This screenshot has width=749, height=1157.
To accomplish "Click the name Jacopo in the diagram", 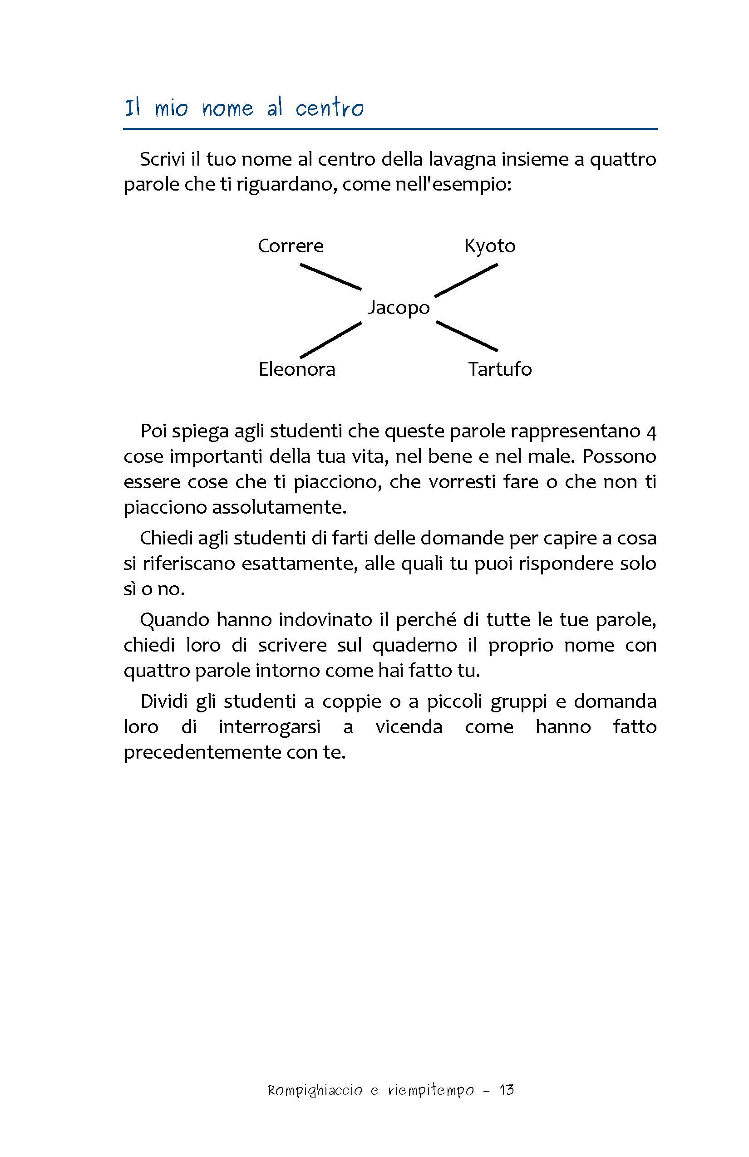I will (399, 308).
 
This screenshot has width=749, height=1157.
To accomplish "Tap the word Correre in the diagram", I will (291, 246).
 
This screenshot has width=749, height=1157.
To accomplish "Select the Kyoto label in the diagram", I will (490, 246).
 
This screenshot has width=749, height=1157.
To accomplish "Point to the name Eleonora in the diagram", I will (297, 369).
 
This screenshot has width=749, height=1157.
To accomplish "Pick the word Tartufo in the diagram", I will (500, 369).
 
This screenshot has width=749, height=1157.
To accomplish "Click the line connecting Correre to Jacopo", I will (331, 277).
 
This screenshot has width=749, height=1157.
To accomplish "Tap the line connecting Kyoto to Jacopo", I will (466, 280).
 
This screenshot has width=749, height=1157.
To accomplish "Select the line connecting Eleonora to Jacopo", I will (331, 340).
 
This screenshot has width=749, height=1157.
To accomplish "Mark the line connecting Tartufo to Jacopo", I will (467, 336).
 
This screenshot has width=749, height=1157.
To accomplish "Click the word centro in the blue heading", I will (329, 108).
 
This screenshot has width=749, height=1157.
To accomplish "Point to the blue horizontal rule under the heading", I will (390, 129).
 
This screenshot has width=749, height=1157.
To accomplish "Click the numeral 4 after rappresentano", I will (652, 431).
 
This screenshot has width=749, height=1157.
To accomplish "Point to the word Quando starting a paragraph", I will (175, 620).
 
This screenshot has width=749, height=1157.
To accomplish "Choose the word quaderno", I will (415, 646).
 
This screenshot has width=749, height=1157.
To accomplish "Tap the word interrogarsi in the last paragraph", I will (270, 727).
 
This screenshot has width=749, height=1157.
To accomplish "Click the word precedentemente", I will (202, 753).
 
